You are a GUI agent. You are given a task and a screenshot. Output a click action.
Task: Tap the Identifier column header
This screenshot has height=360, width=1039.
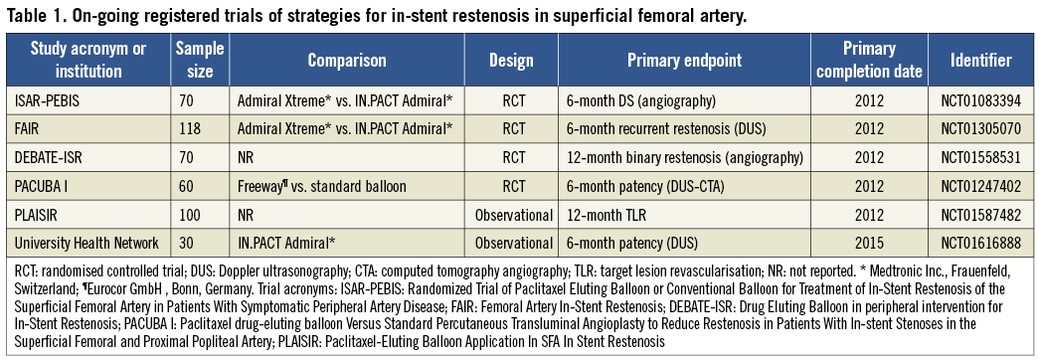click(x=980, y=61)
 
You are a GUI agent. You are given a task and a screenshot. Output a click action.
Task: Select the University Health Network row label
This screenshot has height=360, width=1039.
click(x=86, y=243)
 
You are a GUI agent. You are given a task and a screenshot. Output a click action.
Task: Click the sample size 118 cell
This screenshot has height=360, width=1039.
click(x=191, y=130)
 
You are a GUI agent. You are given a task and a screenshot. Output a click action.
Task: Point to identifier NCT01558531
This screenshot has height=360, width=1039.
click(x=980, y=158)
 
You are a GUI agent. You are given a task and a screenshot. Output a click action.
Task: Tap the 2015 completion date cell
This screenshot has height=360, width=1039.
click(x=869, y=243)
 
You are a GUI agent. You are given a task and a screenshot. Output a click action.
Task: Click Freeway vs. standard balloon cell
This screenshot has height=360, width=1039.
click(x=321, y=186)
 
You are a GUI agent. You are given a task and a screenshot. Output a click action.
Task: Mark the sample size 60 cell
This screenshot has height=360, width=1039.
click(x=188, y=186)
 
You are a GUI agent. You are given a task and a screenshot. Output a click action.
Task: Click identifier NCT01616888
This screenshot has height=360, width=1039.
click(x=980, y=243)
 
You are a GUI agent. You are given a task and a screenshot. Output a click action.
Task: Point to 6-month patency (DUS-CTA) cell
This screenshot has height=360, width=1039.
click(x=645, y=186)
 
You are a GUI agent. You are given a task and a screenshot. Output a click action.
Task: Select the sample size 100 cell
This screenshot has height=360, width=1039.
click(x=191, y=215)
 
